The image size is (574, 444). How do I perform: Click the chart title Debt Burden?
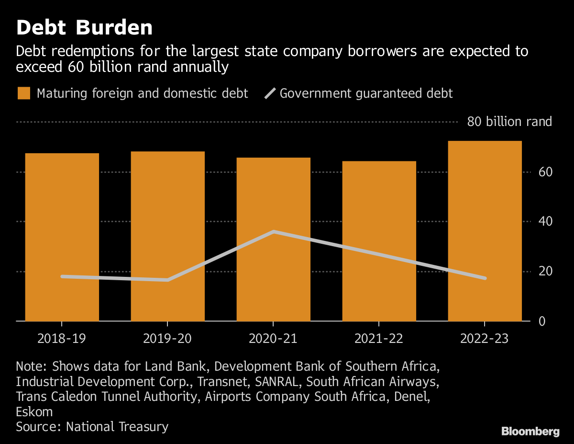pyautogui.click(x=84, y=28)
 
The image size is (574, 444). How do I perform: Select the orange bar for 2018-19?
pyautogui.click(x=62, y=237)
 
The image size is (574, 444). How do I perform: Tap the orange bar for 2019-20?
pyautogui.click(x=167, y=236)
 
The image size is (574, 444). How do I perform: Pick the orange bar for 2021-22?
pyautogui.click(x=379, y=241)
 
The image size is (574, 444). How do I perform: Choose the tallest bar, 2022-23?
pyautogui.click(x=485, y=231)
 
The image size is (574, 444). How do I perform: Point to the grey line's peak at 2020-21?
pyautogui.click(x=273, y=232)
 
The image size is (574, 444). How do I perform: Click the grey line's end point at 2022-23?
pyautogui.click(x=485, y=278)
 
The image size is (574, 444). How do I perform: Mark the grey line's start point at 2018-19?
pyautogui.click(x=62, y=276)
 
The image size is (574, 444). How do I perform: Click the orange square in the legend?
pyautogui.click(x=24, y=93)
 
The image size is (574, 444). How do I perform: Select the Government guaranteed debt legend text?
pyautogui.click(x=366, y=93)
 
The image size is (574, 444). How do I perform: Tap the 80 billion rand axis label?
pyautogui.click(x=509, y=122)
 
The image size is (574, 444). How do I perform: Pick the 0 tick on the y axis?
pyautogui.click(x=542, y=321)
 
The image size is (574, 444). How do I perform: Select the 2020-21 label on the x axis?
pyautogui.click(x=273, y=339)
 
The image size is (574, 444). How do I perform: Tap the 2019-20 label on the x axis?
pyautogui.click(x=167, y=339)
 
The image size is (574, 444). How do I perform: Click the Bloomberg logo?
pyautogui.click(x=530, y=432)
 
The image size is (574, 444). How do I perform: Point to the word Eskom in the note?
pyautogui.click(x=34, y=412)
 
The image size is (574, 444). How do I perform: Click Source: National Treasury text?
pyautogui.click(x=92, y=427)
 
